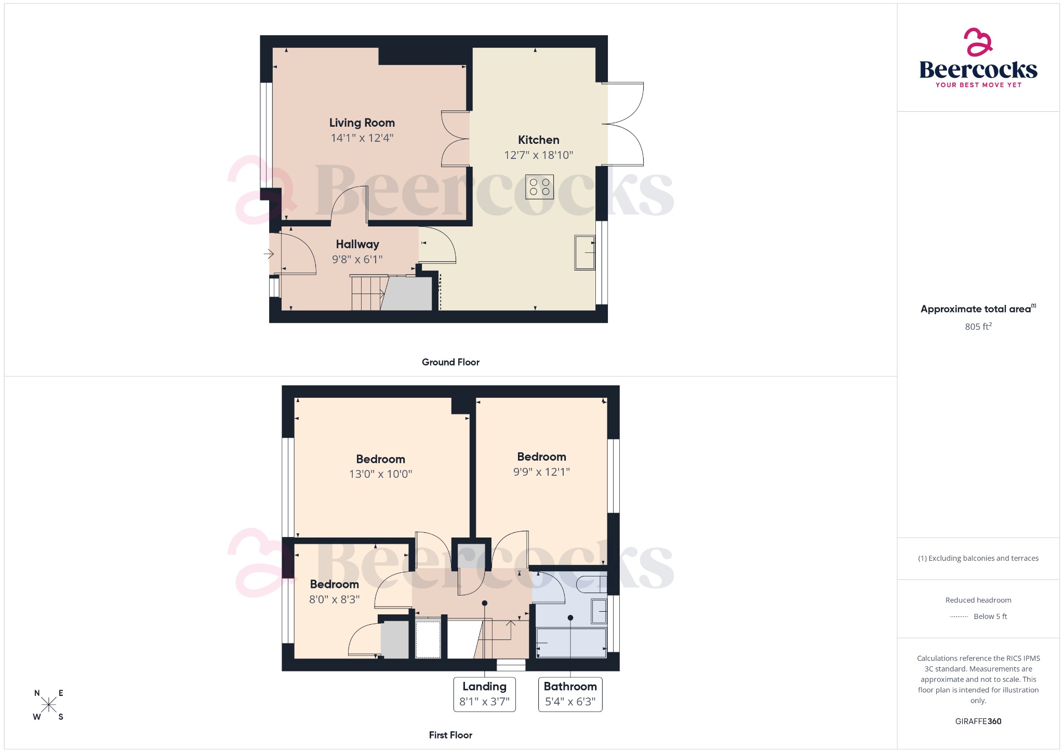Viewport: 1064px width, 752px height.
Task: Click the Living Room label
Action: (362, 123)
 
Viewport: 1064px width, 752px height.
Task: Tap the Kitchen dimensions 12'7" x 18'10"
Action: (538, 155)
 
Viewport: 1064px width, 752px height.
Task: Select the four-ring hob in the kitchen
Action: (539, 187)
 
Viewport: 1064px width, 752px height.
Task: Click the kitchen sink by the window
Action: (584, 253)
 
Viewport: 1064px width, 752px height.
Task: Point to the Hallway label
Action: (357, 244)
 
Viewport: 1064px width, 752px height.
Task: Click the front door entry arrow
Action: (269, 254)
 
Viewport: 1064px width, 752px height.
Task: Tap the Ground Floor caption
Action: (450, 362)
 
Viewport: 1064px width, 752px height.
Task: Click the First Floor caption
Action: (450, 735)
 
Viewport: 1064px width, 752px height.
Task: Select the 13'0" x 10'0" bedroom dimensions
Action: (380, 474)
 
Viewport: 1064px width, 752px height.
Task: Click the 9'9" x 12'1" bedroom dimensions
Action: (541, 472)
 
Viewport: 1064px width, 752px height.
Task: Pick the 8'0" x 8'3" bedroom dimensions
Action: (334, 600)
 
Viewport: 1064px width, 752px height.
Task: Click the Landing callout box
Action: (484, 694)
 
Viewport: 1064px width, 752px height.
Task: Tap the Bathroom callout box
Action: (570, 694)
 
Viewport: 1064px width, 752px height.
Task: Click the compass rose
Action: (49, 705)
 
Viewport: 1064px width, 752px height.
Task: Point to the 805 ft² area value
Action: (978, 327)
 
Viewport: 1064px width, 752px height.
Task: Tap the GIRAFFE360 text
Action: (978, 721)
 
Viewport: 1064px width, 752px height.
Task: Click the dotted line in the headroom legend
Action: (959, 617)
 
